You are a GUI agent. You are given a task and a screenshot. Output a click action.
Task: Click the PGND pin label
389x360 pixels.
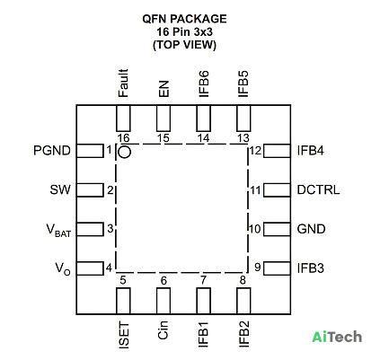(x=52, y=151)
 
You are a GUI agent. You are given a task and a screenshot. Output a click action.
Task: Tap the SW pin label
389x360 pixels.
(x=60, y=189)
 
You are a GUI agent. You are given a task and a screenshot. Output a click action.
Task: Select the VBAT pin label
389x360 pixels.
(x=58, y=230)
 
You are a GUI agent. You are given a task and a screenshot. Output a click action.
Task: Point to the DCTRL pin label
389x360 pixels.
(x=318, y=189)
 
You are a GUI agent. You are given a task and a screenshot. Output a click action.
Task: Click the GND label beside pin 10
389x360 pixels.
(x=311, y=229)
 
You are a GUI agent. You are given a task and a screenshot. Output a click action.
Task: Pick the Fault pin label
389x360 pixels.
(x=123, y=83)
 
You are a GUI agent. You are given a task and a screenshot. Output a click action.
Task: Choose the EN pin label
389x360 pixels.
(x=164, y=89)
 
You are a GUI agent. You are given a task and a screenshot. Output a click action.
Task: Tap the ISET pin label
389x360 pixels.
(x=124, y=335)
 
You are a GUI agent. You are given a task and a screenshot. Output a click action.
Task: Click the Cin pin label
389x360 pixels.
(x=163, y=330)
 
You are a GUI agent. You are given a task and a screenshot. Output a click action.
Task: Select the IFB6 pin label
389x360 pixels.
(x=204, y=84)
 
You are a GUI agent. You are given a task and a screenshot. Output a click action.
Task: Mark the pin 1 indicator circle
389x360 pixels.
(x=124, y=152)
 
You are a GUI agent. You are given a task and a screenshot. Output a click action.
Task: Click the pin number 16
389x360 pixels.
(x=123, y=138)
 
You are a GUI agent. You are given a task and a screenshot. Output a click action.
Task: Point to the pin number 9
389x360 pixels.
(x=258, y=267)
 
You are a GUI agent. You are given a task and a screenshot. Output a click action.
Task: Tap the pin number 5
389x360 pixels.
(x=123, y=280)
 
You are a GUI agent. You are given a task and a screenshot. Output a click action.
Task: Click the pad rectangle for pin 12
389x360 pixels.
(x=277, y=151)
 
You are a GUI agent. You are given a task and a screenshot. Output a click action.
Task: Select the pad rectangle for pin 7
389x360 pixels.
(x=204, y=301)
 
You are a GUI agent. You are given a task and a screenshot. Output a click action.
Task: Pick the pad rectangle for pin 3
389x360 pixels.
(x=90, y=229)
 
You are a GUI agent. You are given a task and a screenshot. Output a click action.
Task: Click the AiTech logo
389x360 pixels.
(x=337, y=337)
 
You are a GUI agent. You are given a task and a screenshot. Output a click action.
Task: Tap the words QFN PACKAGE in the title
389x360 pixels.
(x=184, y=19)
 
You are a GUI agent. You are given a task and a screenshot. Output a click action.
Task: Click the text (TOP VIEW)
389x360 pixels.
(x=184, y=45)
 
